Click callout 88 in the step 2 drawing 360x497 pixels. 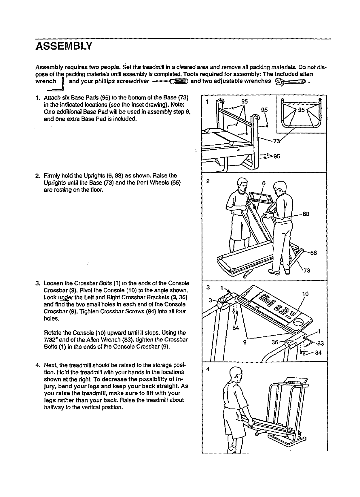[306, 214]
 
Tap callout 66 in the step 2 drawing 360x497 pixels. [313, 253]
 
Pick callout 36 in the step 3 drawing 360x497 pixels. [275, 342]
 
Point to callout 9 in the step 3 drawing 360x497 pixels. [245, 342]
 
